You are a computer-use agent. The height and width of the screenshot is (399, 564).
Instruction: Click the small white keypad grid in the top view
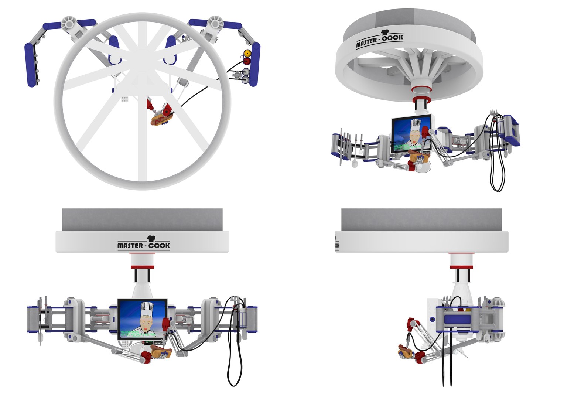[125, 100]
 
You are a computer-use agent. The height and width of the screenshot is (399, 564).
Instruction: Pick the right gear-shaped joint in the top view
[214, 23]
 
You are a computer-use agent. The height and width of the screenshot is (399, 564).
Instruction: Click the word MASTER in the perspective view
[367, 42]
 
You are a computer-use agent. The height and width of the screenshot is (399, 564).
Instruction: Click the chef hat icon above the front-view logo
[152, 238]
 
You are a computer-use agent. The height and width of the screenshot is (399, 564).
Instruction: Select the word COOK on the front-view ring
[160, 245]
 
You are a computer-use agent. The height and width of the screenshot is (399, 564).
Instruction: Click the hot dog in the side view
[405, 351]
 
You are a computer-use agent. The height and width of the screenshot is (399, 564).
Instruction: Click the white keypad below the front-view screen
[126, 344]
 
